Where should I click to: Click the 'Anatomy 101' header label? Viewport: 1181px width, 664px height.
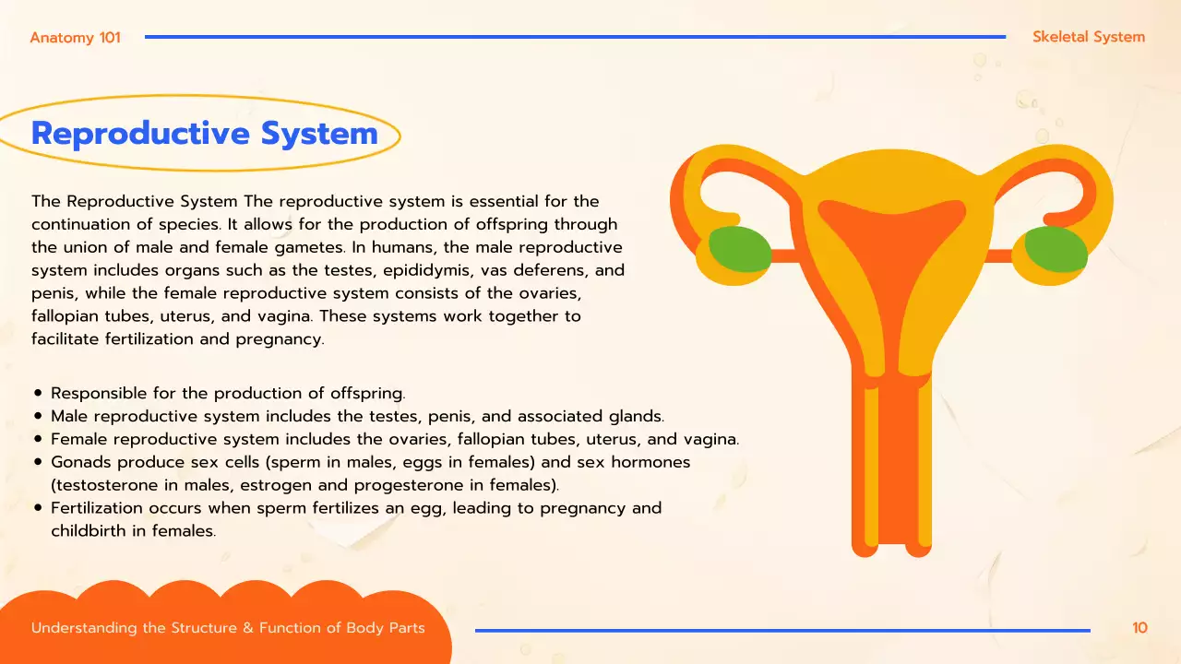click(75, 38)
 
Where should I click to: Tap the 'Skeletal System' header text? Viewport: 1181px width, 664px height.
click(1089, 38)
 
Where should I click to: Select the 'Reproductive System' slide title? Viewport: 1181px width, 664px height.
click(205, 134)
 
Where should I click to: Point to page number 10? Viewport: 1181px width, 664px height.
click(1139, 628)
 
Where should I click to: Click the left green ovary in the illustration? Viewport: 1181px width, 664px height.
click(740, 248)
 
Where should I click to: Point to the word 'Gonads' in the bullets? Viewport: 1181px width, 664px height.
click(78, 462)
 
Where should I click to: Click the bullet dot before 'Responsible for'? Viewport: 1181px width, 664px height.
click(38, 394)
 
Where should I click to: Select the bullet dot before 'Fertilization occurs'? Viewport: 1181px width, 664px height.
click(38, 508)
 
